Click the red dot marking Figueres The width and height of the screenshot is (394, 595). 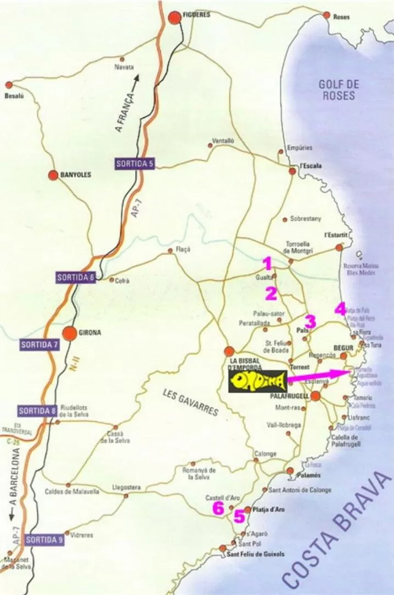click(175, 18)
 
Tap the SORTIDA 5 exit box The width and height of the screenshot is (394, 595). click(134, 163)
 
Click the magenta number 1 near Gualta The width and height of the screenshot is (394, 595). click(267, 264)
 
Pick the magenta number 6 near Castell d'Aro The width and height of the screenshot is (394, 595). click(218, 508)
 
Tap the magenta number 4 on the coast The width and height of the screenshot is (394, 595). click(341, 309)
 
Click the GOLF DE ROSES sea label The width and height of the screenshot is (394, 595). click(338, 90)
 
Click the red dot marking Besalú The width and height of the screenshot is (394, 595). click(9, 85)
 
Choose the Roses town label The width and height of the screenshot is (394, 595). click(341, 17)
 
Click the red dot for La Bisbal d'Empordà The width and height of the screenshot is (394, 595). click(230, 351)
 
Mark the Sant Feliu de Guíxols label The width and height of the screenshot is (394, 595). click(256, 554)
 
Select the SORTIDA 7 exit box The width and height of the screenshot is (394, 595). click(39, 345)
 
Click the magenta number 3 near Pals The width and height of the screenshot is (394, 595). click(310, 321)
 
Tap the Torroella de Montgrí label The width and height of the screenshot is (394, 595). click(299, 246)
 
